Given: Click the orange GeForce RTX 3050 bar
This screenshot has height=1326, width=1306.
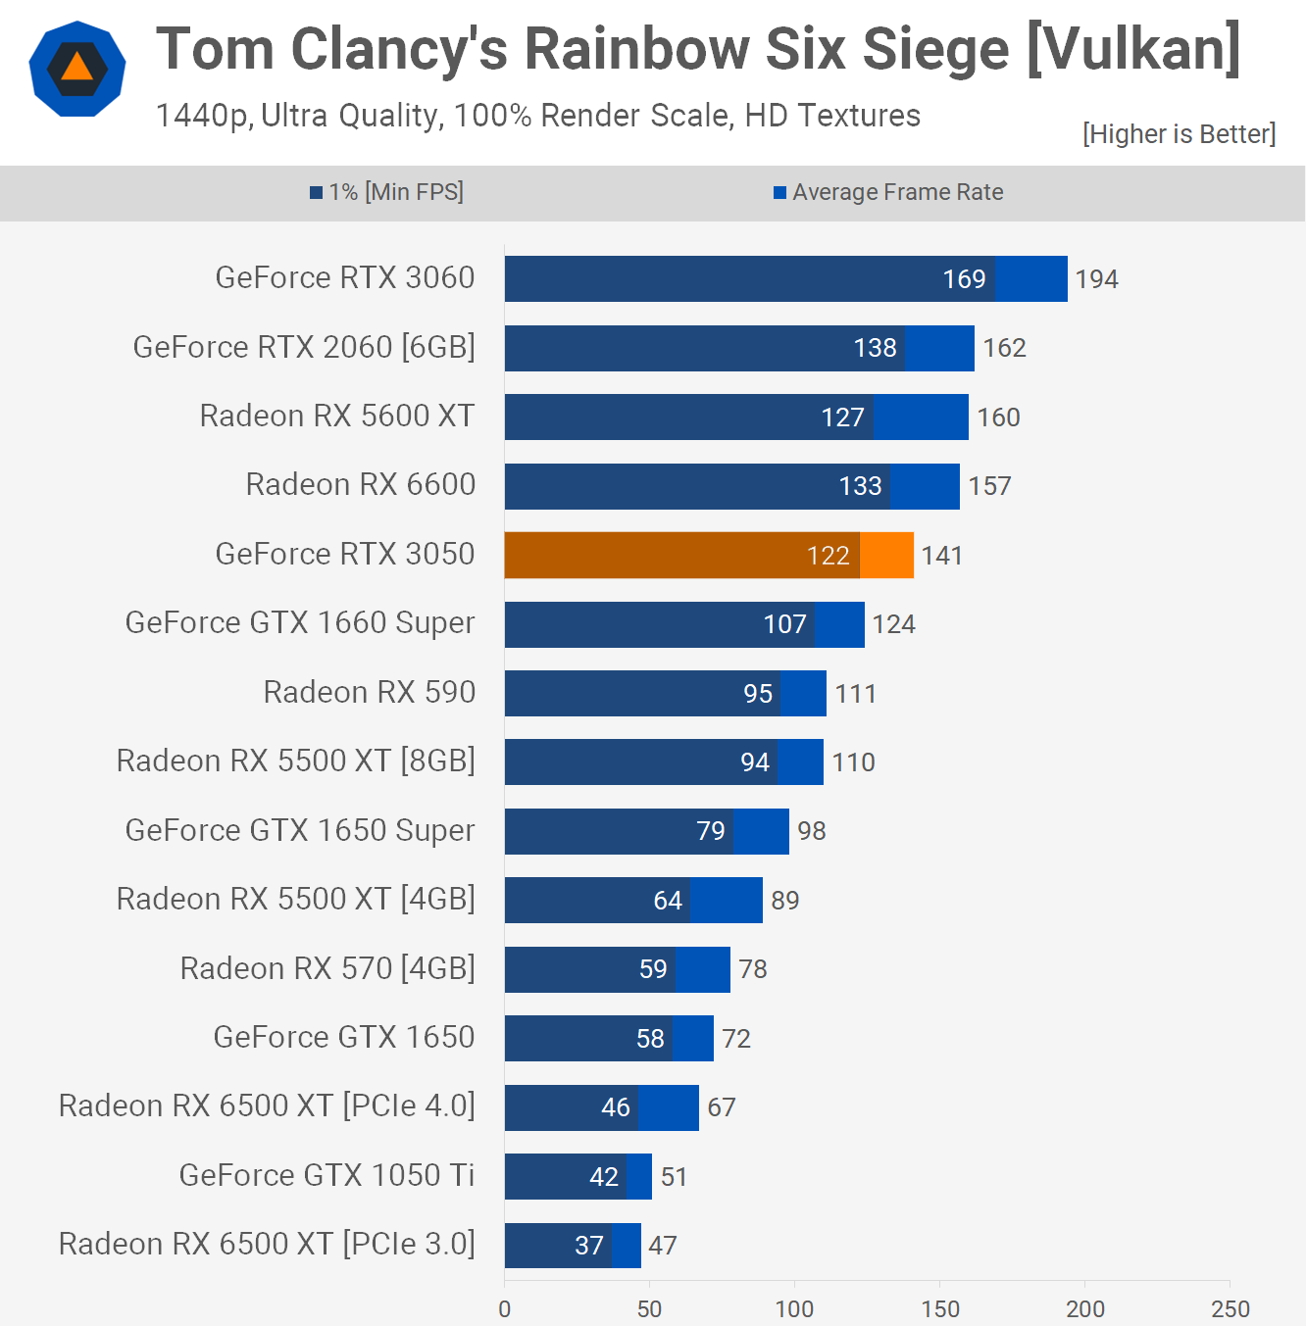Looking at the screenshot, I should [x=708, y=556].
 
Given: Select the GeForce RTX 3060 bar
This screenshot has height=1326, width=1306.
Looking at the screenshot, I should [x=784, y=279].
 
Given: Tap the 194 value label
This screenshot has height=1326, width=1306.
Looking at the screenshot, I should [x=1096, y=279].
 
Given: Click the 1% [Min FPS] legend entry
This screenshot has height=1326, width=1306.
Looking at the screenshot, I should [x=387, y=192].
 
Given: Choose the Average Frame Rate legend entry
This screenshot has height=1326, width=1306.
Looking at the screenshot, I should [x=888, y=192].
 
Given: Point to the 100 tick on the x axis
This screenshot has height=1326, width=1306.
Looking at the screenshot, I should [x=794, y=1308].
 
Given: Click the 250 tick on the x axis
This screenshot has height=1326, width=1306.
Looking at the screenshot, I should [x=1230, y=1308].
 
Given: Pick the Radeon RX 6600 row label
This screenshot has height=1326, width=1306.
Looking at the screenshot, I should [x=360, y=484].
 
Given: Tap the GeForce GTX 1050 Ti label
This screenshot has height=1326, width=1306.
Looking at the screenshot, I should [x=326, y=1174].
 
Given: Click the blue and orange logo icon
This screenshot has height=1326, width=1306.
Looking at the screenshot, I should [x=77, y=69].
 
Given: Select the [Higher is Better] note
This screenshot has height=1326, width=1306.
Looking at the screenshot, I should [x=1179, y=133].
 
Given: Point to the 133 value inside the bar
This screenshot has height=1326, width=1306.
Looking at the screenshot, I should [x=860, y=486].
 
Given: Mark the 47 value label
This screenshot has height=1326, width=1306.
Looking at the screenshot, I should [x=663, y=1246].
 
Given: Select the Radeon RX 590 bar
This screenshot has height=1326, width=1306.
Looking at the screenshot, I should [x=665, y=694].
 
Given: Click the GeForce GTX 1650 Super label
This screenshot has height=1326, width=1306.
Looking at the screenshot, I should [x=300, y=830].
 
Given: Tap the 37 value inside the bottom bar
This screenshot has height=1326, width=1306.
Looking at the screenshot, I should [x=588, y=1246].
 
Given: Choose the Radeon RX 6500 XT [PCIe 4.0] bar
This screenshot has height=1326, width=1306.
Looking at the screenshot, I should [x=601, y=1107].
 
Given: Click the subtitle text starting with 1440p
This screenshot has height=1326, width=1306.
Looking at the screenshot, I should [x=537, y=116].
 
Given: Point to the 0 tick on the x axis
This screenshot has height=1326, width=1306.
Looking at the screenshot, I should [x=504, y=1308].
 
